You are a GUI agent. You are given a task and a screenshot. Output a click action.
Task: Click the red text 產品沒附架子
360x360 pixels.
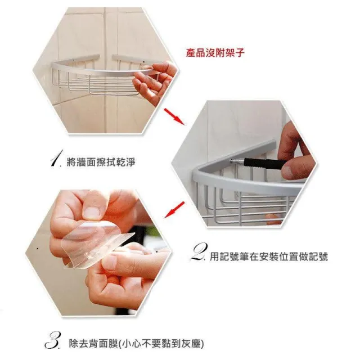click(215, 53)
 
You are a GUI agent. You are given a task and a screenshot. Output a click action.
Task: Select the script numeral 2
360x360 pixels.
click(199, 253)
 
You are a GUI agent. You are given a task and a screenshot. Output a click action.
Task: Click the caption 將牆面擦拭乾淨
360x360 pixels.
click(101, 163)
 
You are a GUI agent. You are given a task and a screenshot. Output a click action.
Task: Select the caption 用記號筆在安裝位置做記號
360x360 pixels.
click(269, 256)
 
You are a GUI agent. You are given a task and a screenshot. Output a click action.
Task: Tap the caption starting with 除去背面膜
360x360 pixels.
click(136, 344)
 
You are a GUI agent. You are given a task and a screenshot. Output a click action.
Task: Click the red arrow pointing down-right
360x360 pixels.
click(174, 116)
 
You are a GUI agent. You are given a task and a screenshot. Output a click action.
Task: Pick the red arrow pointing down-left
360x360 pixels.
click(174, 210)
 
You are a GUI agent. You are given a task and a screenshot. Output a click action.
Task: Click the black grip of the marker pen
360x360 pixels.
click(264, 163)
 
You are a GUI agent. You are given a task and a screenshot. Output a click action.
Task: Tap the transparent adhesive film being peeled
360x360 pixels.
click(96, 244)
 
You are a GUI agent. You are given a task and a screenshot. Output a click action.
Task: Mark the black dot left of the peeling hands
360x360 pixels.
click(38, 249)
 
